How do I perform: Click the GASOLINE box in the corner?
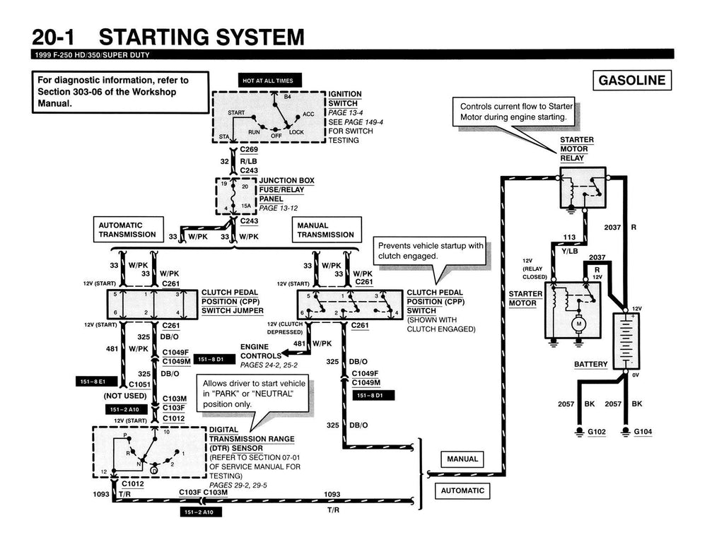tap(632, 80)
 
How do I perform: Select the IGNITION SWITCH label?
tap(345, 98)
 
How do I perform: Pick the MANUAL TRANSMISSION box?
tap(326, 230)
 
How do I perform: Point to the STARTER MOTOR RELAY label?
tap(577, 149)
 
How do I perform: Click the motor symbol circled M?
tap(578, 324)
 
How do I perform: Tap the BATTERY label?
tap(590, 365)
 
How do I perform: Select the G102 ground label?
tap(592, 431)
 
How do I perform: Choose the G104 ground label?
tap(643, 431)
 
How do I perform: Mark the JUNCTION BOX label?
tap(286, 181)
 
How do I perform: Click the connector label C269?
tap(249, 150)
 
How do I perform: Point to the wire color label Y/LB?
tap(570, 251)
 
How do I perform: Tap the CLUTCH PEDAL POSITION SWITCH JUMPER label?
tap(233, 301)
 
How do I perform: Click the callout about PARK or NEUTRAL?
tap(254, 394)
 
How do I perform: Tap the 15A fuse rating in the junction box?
tap(247, 206)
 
